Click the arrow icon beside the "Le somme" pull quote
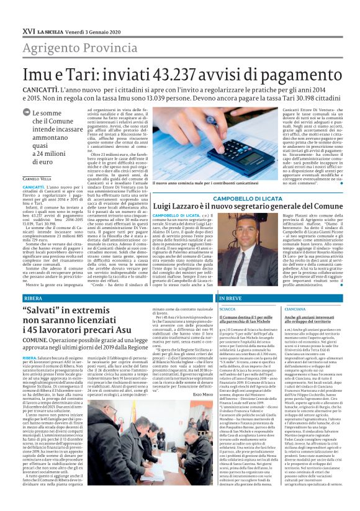pyautogui.click(x=25, y=112)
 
